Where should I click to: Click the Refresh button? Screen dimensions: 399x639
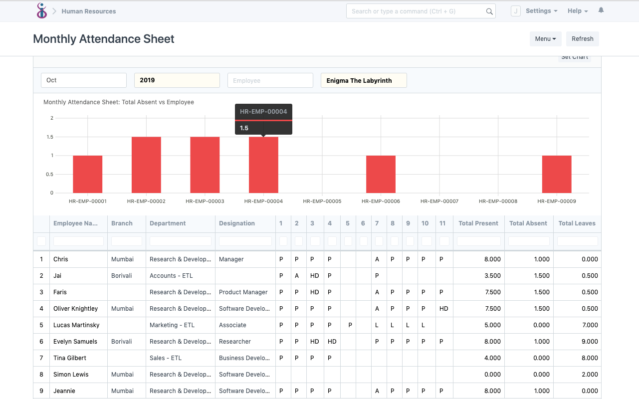point(582,39)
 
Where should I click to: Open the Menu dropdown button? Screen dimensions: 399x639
point(545,39)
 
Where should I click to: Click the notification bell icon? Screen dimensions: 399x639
point(601,10)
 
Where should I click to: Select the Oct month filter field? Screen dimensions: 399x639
point(83,80)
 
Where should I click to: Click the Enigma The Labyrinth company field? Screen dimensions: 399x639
point(363,80)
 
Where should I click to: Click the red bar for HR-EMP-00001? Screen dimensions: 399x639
point(88,174)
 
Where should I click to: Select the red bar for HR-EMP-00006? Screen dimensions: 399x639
point(381,174)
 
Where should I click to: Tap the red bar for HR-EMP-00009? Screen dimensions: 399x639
point(557,174)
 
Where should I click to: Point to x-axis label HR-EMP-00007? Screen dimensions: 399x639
point(439,201)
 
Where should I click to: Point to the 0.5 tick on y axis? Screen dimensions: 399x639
point(50,174)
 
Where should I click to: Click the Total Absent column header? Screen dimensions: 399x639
point(528,223)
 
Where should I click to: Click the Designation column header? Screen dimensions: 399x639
point(237,223)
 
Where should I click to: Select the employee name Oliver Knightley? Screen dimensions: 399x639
point(76,309)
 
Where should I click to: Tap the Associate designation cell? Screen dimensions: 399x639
point(233,325)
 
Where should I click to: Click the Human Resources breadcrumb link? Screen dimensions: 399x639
point(89,11)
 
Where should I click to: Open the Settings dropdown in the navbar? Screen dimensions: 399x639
point(541,11)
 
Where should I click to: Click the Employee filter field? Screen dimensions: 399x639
point(270,80)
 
